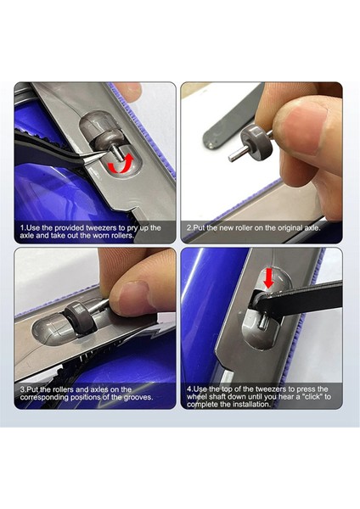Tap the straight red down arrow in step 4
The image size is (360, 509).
coord(268,278)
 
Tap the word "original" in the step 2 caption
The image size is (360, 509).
coord(290,228)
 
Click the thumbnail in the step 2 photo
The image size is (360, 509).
coord(307,118)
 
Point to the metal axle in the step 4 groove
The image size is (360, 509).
coord(263,322)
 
